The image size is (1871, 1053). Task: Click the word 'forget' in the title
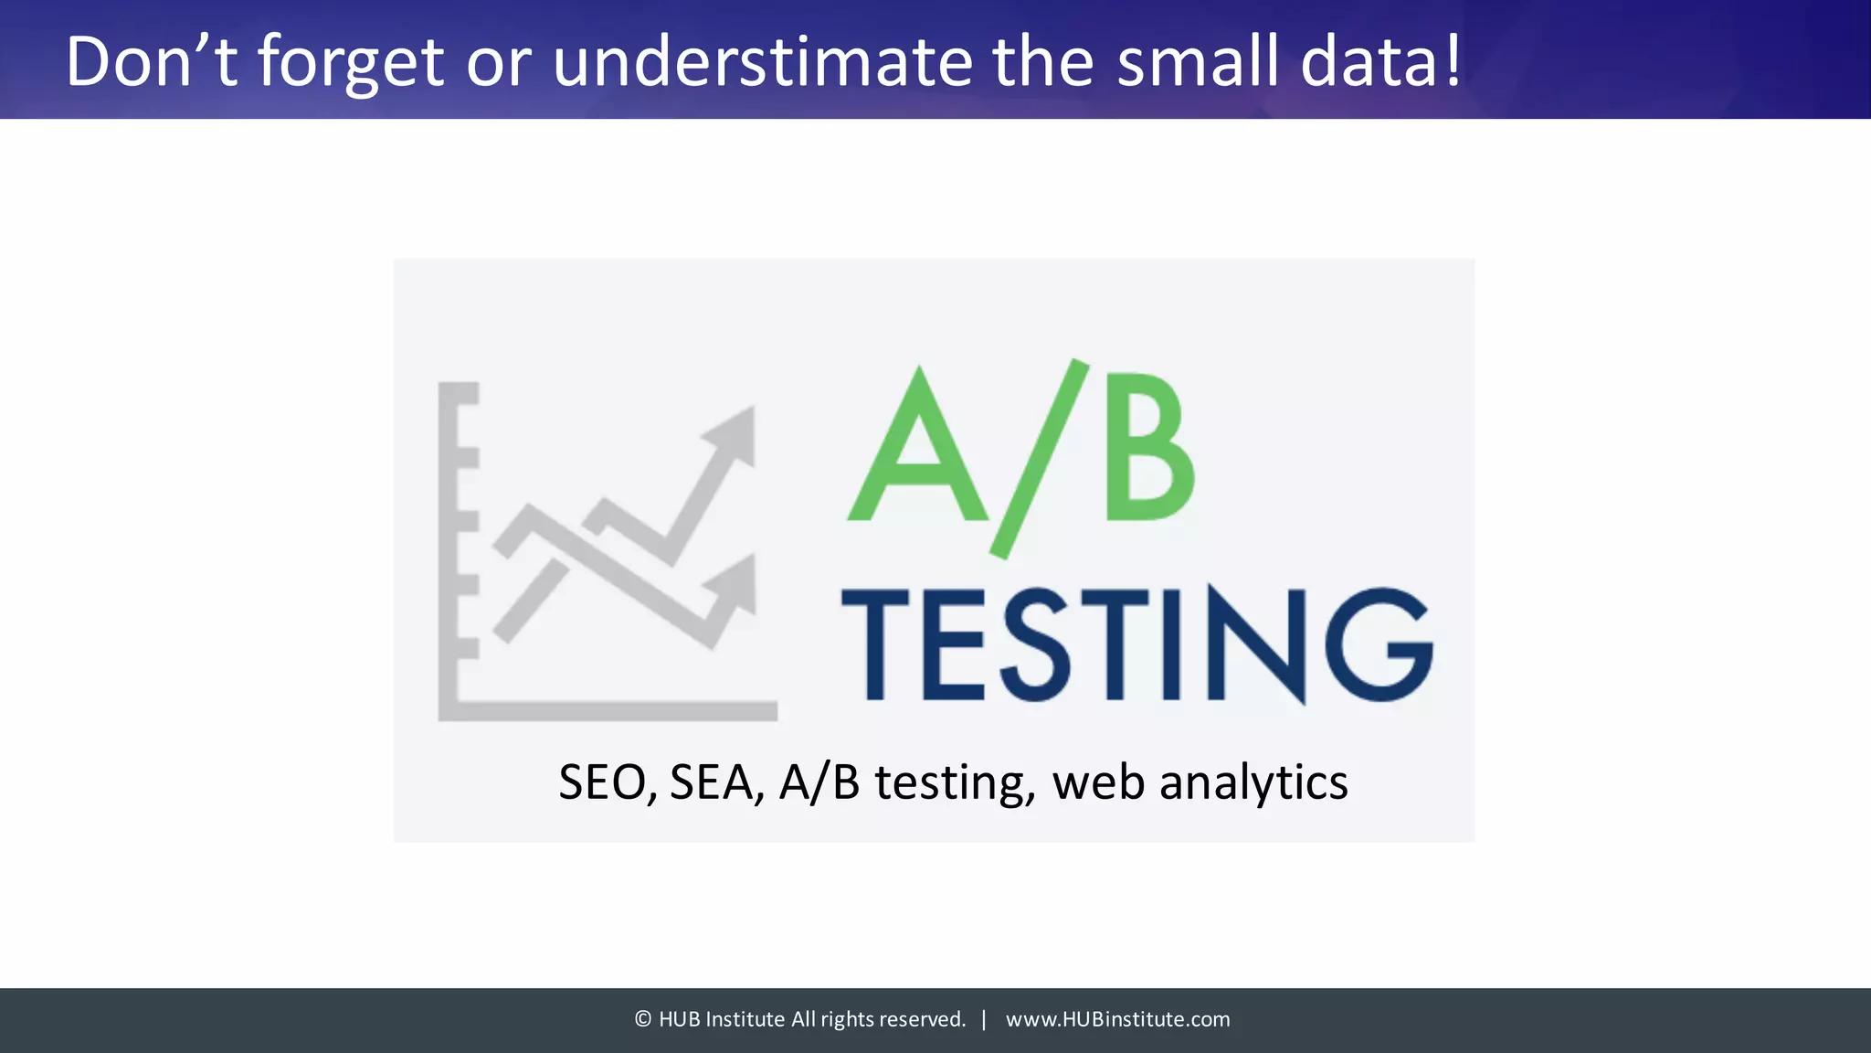pos(350,62)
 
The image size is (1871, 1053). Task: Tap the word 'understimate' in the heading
pos(762,62)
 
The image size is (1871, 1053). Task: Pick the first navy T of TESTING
pos(874,645)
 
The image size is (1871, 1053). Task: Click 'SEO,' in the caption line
pos(607,783)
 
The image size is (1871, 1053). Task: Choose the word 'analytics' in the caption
pos(1253,783)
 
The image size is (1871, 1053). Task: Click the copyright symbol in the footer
pos(643,1019)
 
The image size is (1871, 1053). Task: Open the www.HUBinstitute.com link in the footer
pos(1117,1019)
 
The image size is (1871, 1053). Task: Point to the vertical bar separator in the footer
pos(984,1019)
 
